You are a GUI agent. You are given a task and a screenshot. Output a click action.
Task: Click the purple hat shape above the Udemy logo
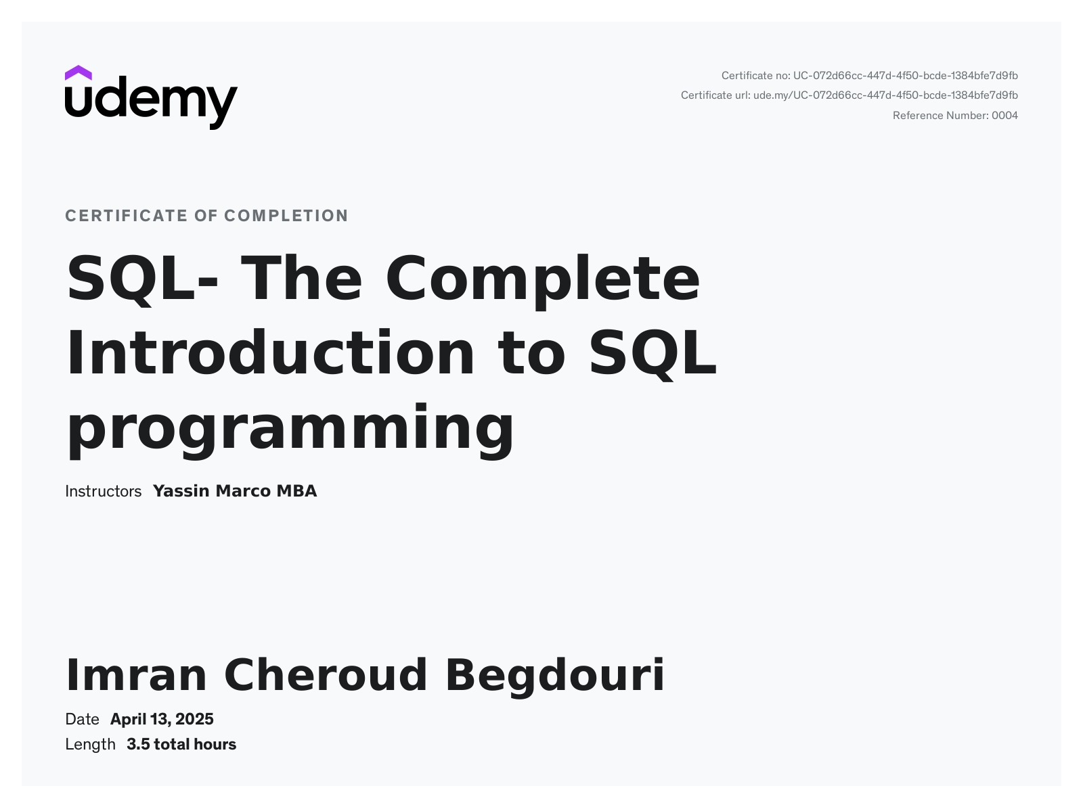[78, 73]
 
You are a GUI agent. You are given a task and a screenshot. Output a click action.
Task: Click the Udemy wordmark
[152, 103]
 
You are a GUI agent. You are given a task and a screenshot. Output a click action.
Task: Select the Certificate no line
[869, 76]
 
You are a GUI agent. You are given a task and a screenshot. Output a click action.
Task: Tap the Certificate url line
[849, 95]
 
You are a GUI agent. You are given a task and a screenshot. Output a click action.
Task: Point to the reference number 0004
[1004, 116]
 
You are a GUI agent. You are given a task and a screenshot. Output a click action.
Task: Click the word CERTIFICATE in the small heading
[127, 216]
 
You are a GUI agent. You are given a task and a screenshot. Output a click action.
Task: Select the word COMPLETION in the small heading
[286, 216]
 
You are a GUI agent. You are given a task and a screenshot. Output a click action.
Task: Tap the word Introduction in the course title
[270, 352]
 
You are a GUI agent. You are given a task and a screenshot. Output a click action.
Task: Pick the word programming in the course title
[290, 430]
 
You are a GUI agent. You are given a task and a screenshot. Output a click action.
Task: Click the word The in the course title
[301, 277]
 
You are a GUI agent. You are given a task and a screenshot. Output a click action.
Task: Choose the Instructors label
[103, 491]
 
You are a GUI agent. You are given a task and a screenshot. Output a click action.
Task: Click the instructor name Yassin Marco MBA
[235, 491]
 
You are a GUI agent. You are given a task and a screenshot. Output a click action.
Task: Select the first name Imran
[136, 675]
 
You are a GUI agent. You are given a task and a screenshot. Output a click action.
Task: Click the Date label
[82, 720]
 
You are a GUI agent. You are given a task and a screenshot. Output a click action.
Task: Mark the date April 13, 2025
[162, 720]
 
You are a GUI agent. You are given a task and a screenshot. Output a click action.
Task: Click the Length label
[90, 745]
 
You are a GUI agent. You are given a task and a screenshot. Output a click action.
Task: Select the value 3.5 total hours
[181, 745]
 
